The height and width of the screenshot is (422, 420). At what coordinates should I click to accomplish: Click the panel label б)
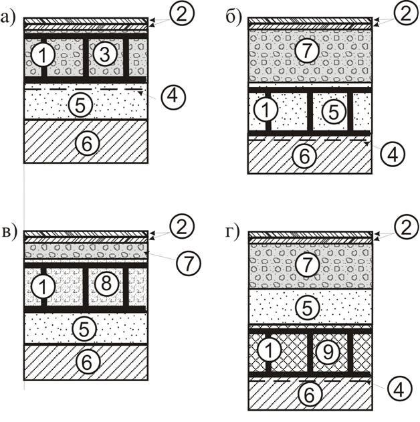pyautogui.click(x=234, y=18)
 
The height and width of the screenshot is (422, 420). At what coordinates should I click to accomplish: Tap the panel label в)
pyautogui.click(x=9, y=233)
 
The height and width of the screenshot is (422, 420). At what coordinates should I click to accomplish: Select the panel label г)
pyautogui.click(x=232, y=233)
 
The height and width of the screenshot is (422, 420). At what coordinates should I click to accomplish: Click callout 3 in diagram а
pyautogui.click(x=105, y=54)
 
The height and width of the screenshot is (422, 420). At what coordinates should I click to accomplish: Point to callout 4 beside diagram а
pyautogui.click(x=173, y=96)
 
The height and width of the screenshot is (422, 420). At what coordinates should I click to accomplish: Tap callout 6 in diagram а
pyautogui.click(x=87, y=144)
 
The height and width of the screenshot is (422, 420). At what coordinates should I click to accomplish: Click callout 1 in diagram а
pyautogui.click(x=43, y=55)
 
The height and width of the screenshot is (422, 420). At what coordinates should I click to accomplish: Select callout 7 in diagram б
pyautogui.click(x=307, y=50)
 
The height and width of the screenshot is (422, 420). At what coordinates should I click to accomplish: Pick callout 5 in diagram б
pyautogui.click(x=333, y=111)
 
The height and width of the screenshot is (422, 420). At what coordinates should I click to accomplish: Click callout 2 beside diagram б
pyautogui.click(x=406, y=13)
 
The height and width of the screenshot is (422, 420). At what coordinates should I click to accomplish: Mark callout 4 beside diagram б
pyautogui.click(x=393, y=154)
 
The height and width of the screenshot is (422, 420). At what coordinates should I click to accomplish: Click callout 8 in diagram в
pyautogui.click(x=106, y=284)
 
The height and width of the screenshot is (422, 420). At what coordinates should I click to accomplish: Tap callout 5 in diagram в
pyautogui.click(x=84, y=329)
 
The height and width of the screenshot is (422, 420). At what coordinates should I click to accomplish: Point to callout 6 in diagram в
pyautogui.click(x=87, y=362)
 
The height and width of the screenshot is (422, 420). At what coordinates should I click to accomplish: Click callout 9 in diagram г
pyautogui.click(x=328, y=352)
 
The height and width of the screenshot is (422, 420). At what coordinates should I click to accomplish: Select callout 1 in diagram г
pyautogui.click(x=269, y=350)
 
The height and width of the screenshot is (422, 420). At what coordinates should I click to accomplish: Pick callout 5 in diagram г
pyautogui.click(x=307, y=308)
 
